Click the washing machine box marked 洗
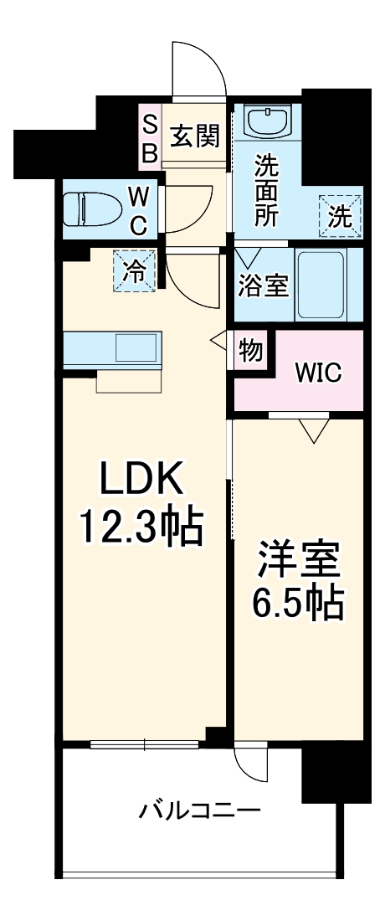[340, 216]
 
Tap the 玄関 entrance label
[195, 135]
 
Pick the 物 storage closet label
[249, 350]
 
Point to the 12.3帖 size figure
[141, 527]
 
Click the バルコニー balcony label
[200, 810]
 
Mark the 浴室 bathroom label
[264, 286]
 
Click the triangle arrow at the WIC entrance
[315, 430]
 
